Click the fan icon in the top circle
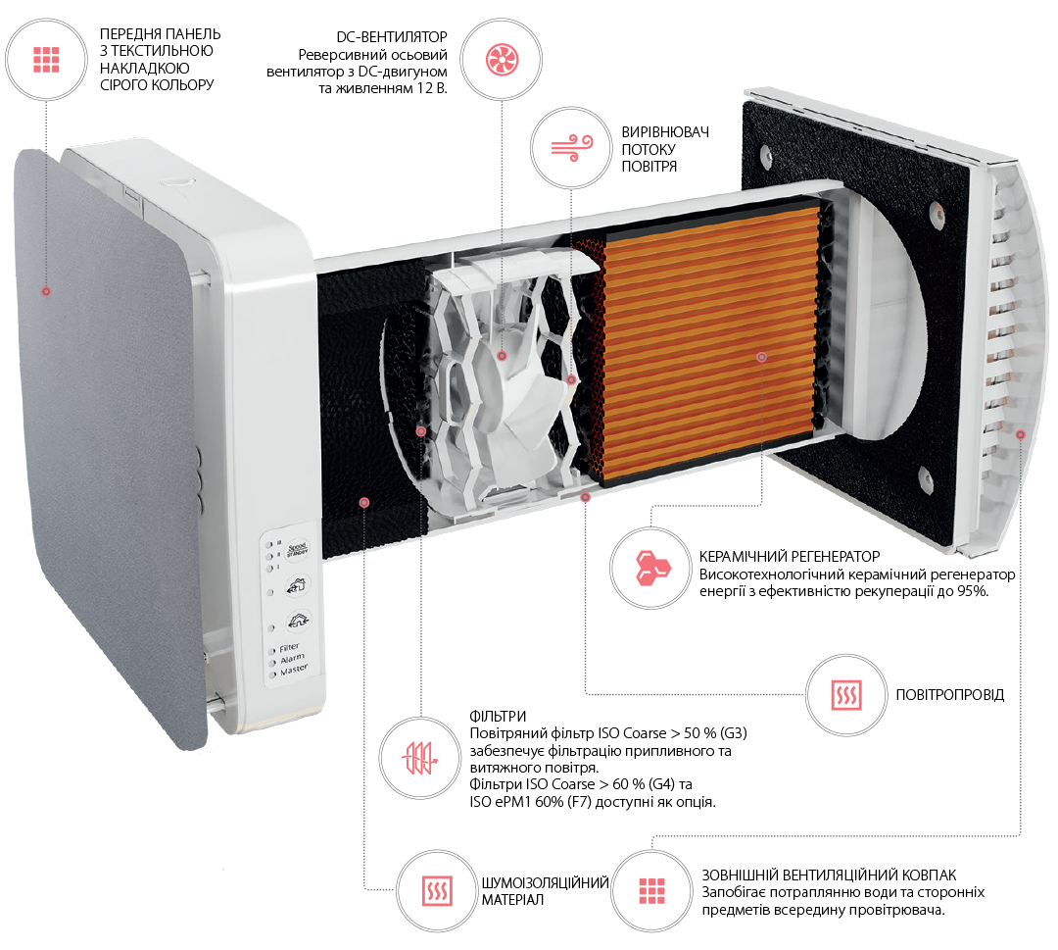pyautogui.click(x=502, y=60)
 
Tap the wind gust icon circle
pyautogui.click(x=571, y=147)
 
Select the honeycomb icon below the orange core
pyautogui.click(x=650, y=568)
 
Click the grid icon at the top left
pyautogui.click(x=46, y=60)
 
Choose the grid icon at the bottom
pyautogui.click(x=651, y=891)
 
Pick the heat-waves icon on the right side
pyautogui.click(x=846, y=695)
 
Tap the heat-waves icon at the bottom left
pyautogui.click(x=437, y=891)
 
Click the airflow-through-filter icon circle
pyautogui.click(x=420, y=758)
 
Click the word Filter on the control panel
pyautogui.click(x=290, y=647)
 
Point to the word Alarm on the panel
pyautogui.click(x=292, y=658)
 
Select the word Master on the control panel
pyautogui.click(x=294, y=670)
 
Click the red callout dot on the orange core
pyautogui.click(x=761, y=358)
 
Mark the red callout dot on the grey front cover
pyautogui.click(x=45, y=291)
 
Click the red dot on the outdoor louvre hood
pyautogui.click(x=1020, y=433)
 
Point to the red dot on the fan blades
pyautogui.click(x=501, y=356)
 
